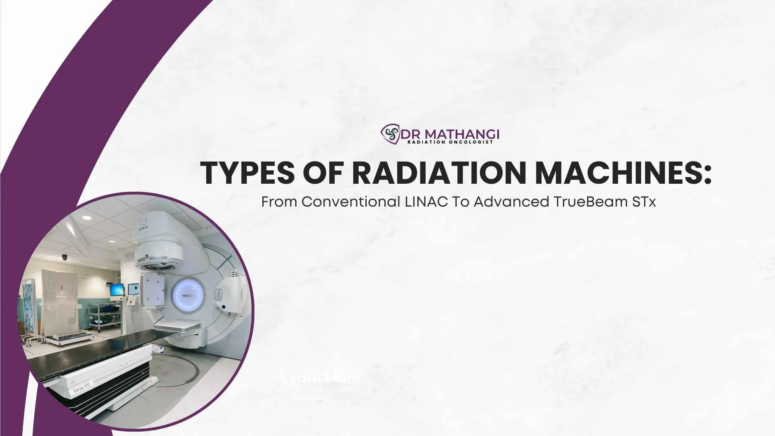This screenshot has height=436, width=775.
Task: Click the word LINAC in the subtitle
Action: [x=426, y=202]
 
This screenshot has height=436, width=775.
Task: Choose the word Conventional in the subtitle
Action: [x=350, y=202]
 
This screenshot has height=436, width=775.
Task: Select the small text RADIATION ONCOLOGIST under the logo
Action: [x=450, y=142]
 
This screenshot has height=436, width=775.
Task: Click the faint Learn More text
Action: [x=321, y=378]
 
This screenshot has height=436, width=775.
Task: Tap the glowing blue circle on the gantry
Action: [x=185, y=295]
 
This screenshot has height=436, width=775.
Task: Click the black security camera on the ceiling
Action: [x=64, y=257]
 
